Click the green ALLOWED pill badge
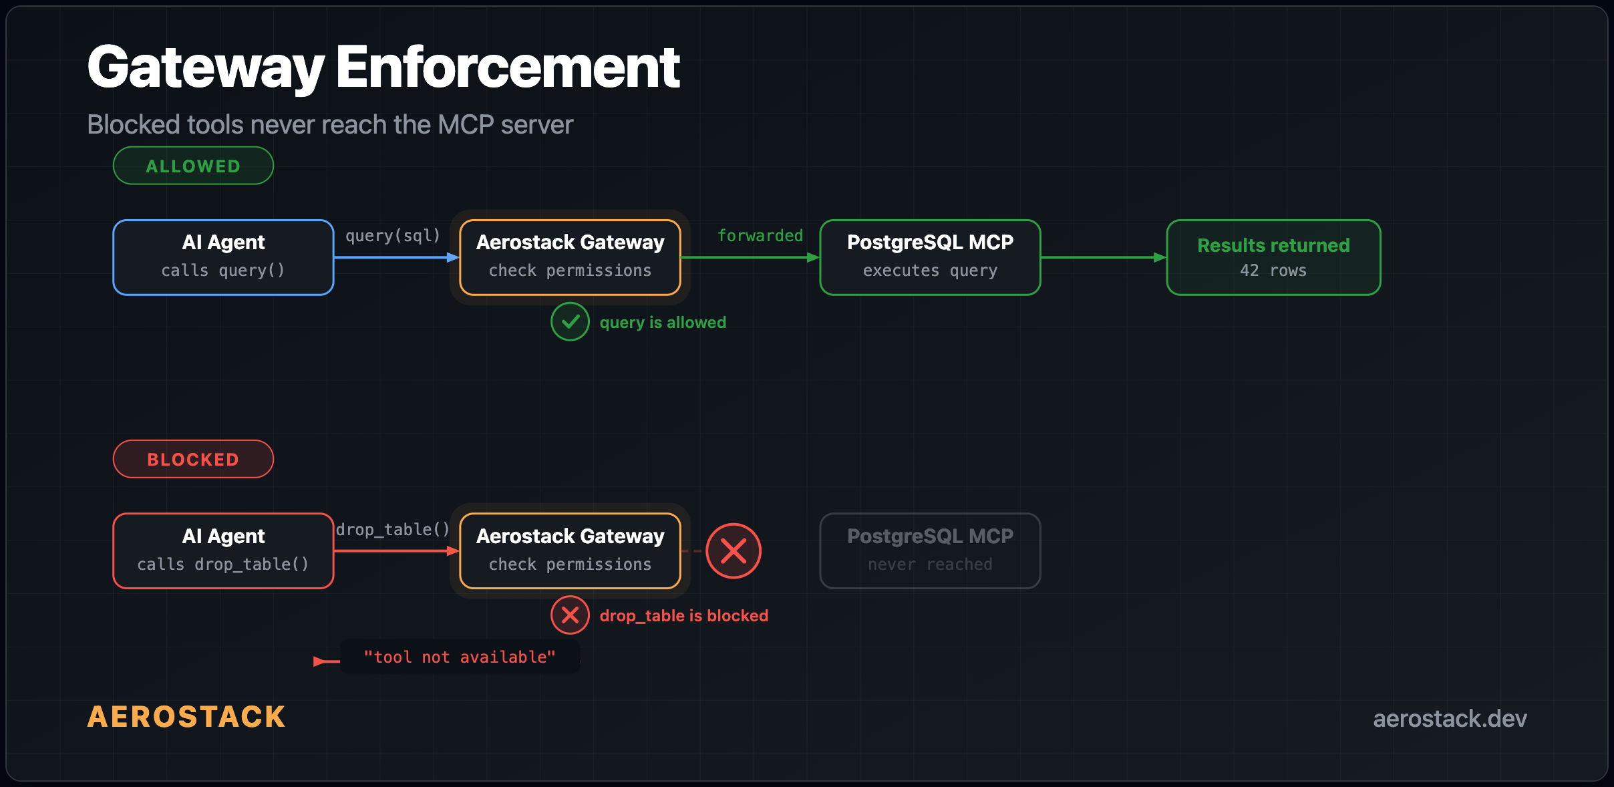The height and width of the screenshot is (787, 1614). coord(193,166)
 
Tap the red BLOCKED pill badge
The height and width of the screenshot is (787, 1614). coord(193,459)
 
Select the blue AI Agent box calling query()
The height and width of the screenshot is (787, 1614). coord(223,257)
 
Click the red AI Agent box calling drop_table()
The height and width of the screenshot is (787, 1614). coord(223,550)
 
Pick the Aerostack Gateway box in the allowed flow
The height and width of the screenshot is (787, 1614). coord(570,257)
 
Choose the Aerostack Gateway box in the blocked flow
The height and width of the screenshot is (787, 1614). coord(570,550)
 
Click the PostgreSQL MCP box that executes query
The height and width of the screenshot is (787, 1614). coord(930,257)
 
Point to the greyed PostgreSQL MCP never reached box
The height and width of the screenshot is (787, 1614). coord(930,550)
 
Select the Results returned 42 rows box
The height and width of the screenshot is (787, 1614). coord(1273,257)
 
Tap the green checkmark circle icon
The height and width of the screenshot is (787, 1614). coord(570,321)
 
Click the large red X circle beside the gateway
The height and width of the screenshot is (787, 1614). coord(734,550)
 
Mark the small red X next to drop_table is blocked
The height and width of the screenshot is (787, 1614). coord(570,615)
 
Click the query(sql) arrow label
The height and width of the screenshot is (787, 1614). coord(393,236)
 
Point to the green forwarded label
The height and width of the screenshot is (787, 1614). coord(760,236)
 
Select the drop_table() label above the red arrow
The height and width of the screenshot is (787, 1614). coord(393,530)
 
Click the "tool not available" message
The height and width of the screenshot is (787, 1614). coord(460,657)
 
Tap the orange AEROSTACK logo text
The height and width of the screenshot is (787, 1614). coord(186,717)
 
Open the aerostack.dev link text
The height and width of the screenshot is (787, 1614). coord(1449,719)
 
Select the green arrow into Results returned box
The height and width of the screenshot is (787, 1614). coord(1103,257)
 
